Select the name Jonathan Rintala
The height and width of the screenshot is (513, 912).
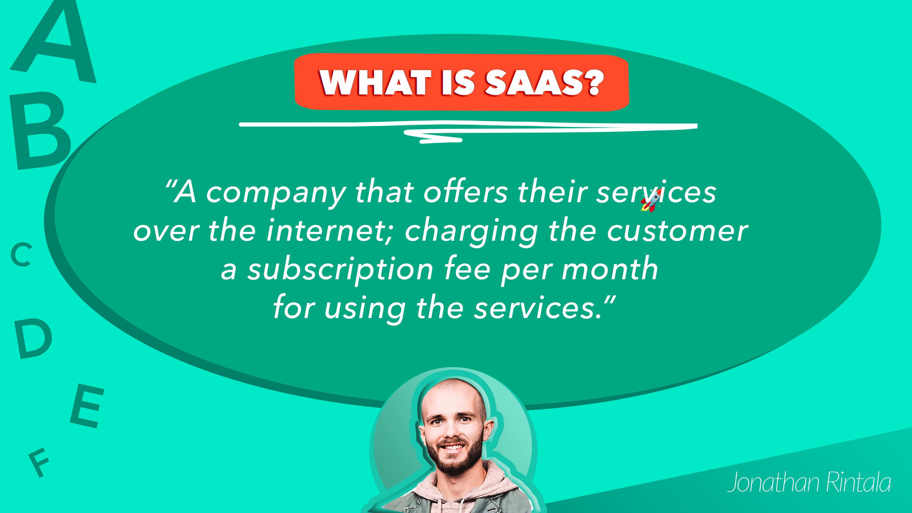(809, 482)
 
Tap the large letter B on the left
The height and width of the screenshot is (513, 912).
(40, 131)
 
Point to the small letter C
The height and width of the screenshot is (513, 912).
(21, 255)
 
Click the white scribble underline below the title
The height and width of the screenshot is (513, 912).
(468, 130)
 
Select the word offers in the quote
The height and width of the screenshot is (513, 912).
(466, 193)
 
